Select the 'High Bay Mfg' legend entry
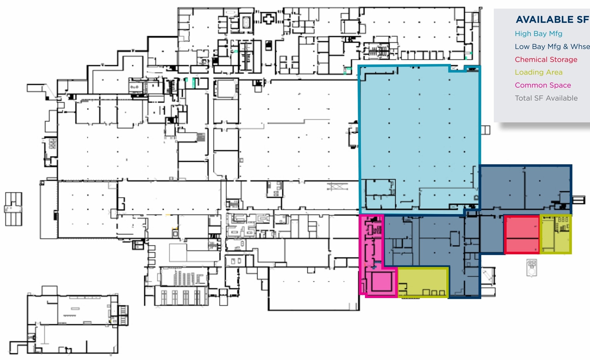click(x=538, y=34)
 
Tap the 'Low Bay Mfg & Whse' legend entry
click(x=552, y=47)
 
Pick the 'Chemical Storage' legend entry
click(x=546, y=60)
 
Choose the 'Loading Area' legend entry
click(x=538, y=72)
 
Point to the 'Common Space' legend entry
click(x=543, y=85)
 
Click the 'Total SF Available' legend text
click(x=546, y=98)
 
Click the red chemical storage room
click(x=522, y=235)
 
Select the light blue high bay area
click(x=419, y=138)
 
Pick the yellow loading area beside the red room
click(x=556, y=234)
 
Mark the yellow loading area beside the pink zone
click(x=423, y=282)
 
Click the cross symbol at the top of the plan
click(x=268, y=19)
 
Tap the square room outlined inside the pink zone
click(x=381, y=281)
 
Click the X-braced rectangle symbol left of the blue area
click(x=337, y=187)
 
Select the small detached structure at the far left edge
click(x=13, y=209)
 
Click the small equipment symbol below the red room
click(x=532, y=268)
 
